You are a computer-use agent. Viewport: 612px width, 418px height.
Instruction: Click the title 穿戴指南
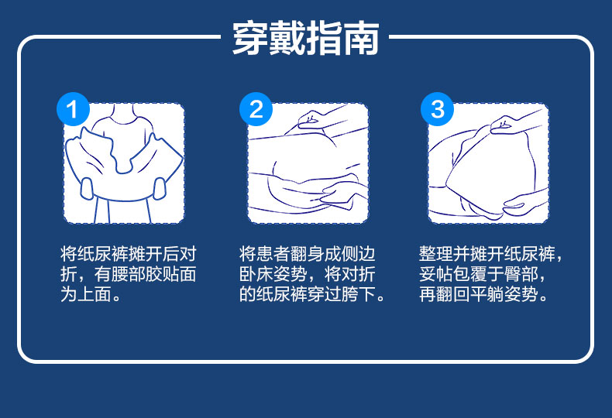click(305, 38)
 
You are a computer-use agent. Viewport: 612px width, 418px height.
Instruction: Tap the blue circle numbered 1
click(73, 109)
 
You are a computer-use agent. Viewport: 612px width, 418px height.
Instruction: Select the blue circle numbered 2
click(256, 109)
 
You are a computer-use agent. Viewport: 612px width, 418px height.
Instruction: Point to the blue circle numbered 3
click(438, 109)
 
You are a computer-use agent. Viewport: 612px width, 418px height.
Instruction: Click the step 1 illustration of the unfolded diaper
click(124, 163)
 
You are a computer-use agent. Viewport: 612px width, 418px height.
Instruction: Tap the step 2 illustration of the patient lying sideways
click(308, 163)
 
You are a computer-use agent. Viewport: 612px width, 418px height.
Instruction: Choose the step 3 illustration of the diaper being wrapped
click(488, 163)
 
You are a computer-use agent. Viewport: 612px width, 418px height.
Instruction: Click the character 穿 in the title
click(250, 38)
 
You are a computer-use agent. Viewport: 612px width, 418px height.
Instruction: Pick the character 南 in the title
click(362, 38)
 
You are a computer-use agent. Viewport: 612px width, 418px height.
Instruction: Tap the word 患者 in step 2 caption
click(273, 254)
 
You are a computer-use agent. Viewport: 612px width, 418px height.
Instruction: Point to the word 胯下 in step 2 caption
click(358, 294)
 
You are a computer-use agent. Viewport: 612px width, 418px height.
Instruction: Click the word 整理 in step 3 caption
click(436, 254)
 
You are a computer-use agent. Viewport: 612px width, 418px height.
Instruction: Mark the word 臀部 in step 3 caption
click(521, 274)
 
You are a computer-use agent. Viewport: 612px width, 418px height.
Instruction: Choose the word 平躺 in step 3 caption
click(487, 294)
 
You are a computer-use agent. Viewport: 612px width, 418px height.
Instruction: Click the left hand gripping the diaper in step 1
click(87, 189)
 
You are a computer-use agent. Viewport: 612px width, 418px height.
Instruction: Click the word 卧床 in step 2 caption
click(256, 274)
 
